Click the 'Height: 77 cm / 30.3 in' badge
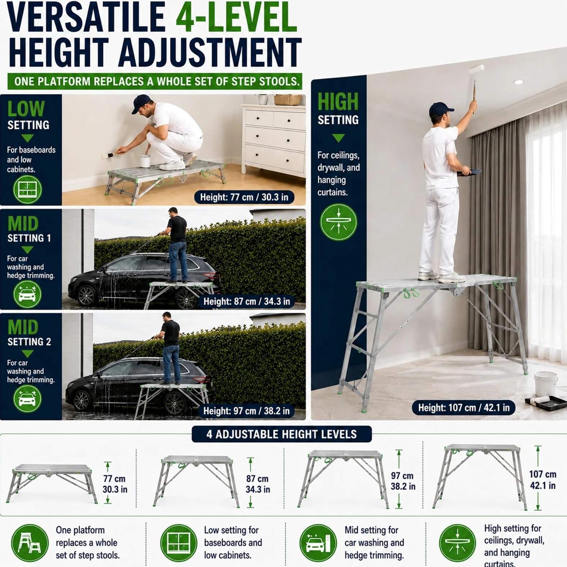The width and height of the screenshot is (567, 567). pos(244,197)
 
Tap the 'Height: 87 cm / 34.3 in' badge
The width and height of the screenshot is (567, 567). pos(247,301)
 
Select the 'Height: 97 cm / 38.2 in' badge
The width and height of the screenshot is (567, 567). pos(246,411)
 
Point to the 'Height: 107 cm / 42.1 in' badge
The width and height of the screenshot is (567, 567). pos(464,408)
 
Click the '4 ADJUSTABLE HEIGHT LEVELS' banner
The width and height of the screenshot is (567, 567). pos(281,434)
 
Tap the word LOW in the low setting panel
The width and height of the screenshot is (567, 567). pos(26,108)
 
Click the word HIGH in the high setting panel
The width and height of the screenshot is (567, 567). pos(338,102)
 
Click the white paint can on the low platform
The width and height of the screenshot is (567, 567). pos(145,161)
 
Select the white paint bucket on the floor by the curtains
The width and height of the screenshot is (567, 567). pos(545,383)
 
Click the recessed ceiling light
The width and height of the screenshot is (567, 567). pos(518,82)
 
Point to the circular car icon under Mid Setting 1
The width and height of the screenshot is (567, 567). pos(27,294)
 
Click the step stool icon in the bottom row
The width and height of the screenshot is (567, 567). pos(30,543)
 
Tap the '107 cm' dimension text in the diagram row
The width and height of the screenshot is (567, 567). pos(543,474)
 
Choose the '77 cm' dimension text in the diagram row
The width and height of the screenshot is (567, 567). pos(114,479)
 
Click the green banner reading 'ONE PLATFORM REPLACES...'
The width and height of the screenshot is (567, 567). pos(155,81)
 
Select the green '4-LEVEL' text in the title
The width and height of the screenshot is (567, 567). pos(236,17)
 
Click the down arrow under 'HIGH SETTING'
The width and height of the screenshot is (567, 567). pos(338,138)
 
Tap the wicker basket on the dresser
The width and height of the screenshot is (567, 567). pos(287,99)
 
